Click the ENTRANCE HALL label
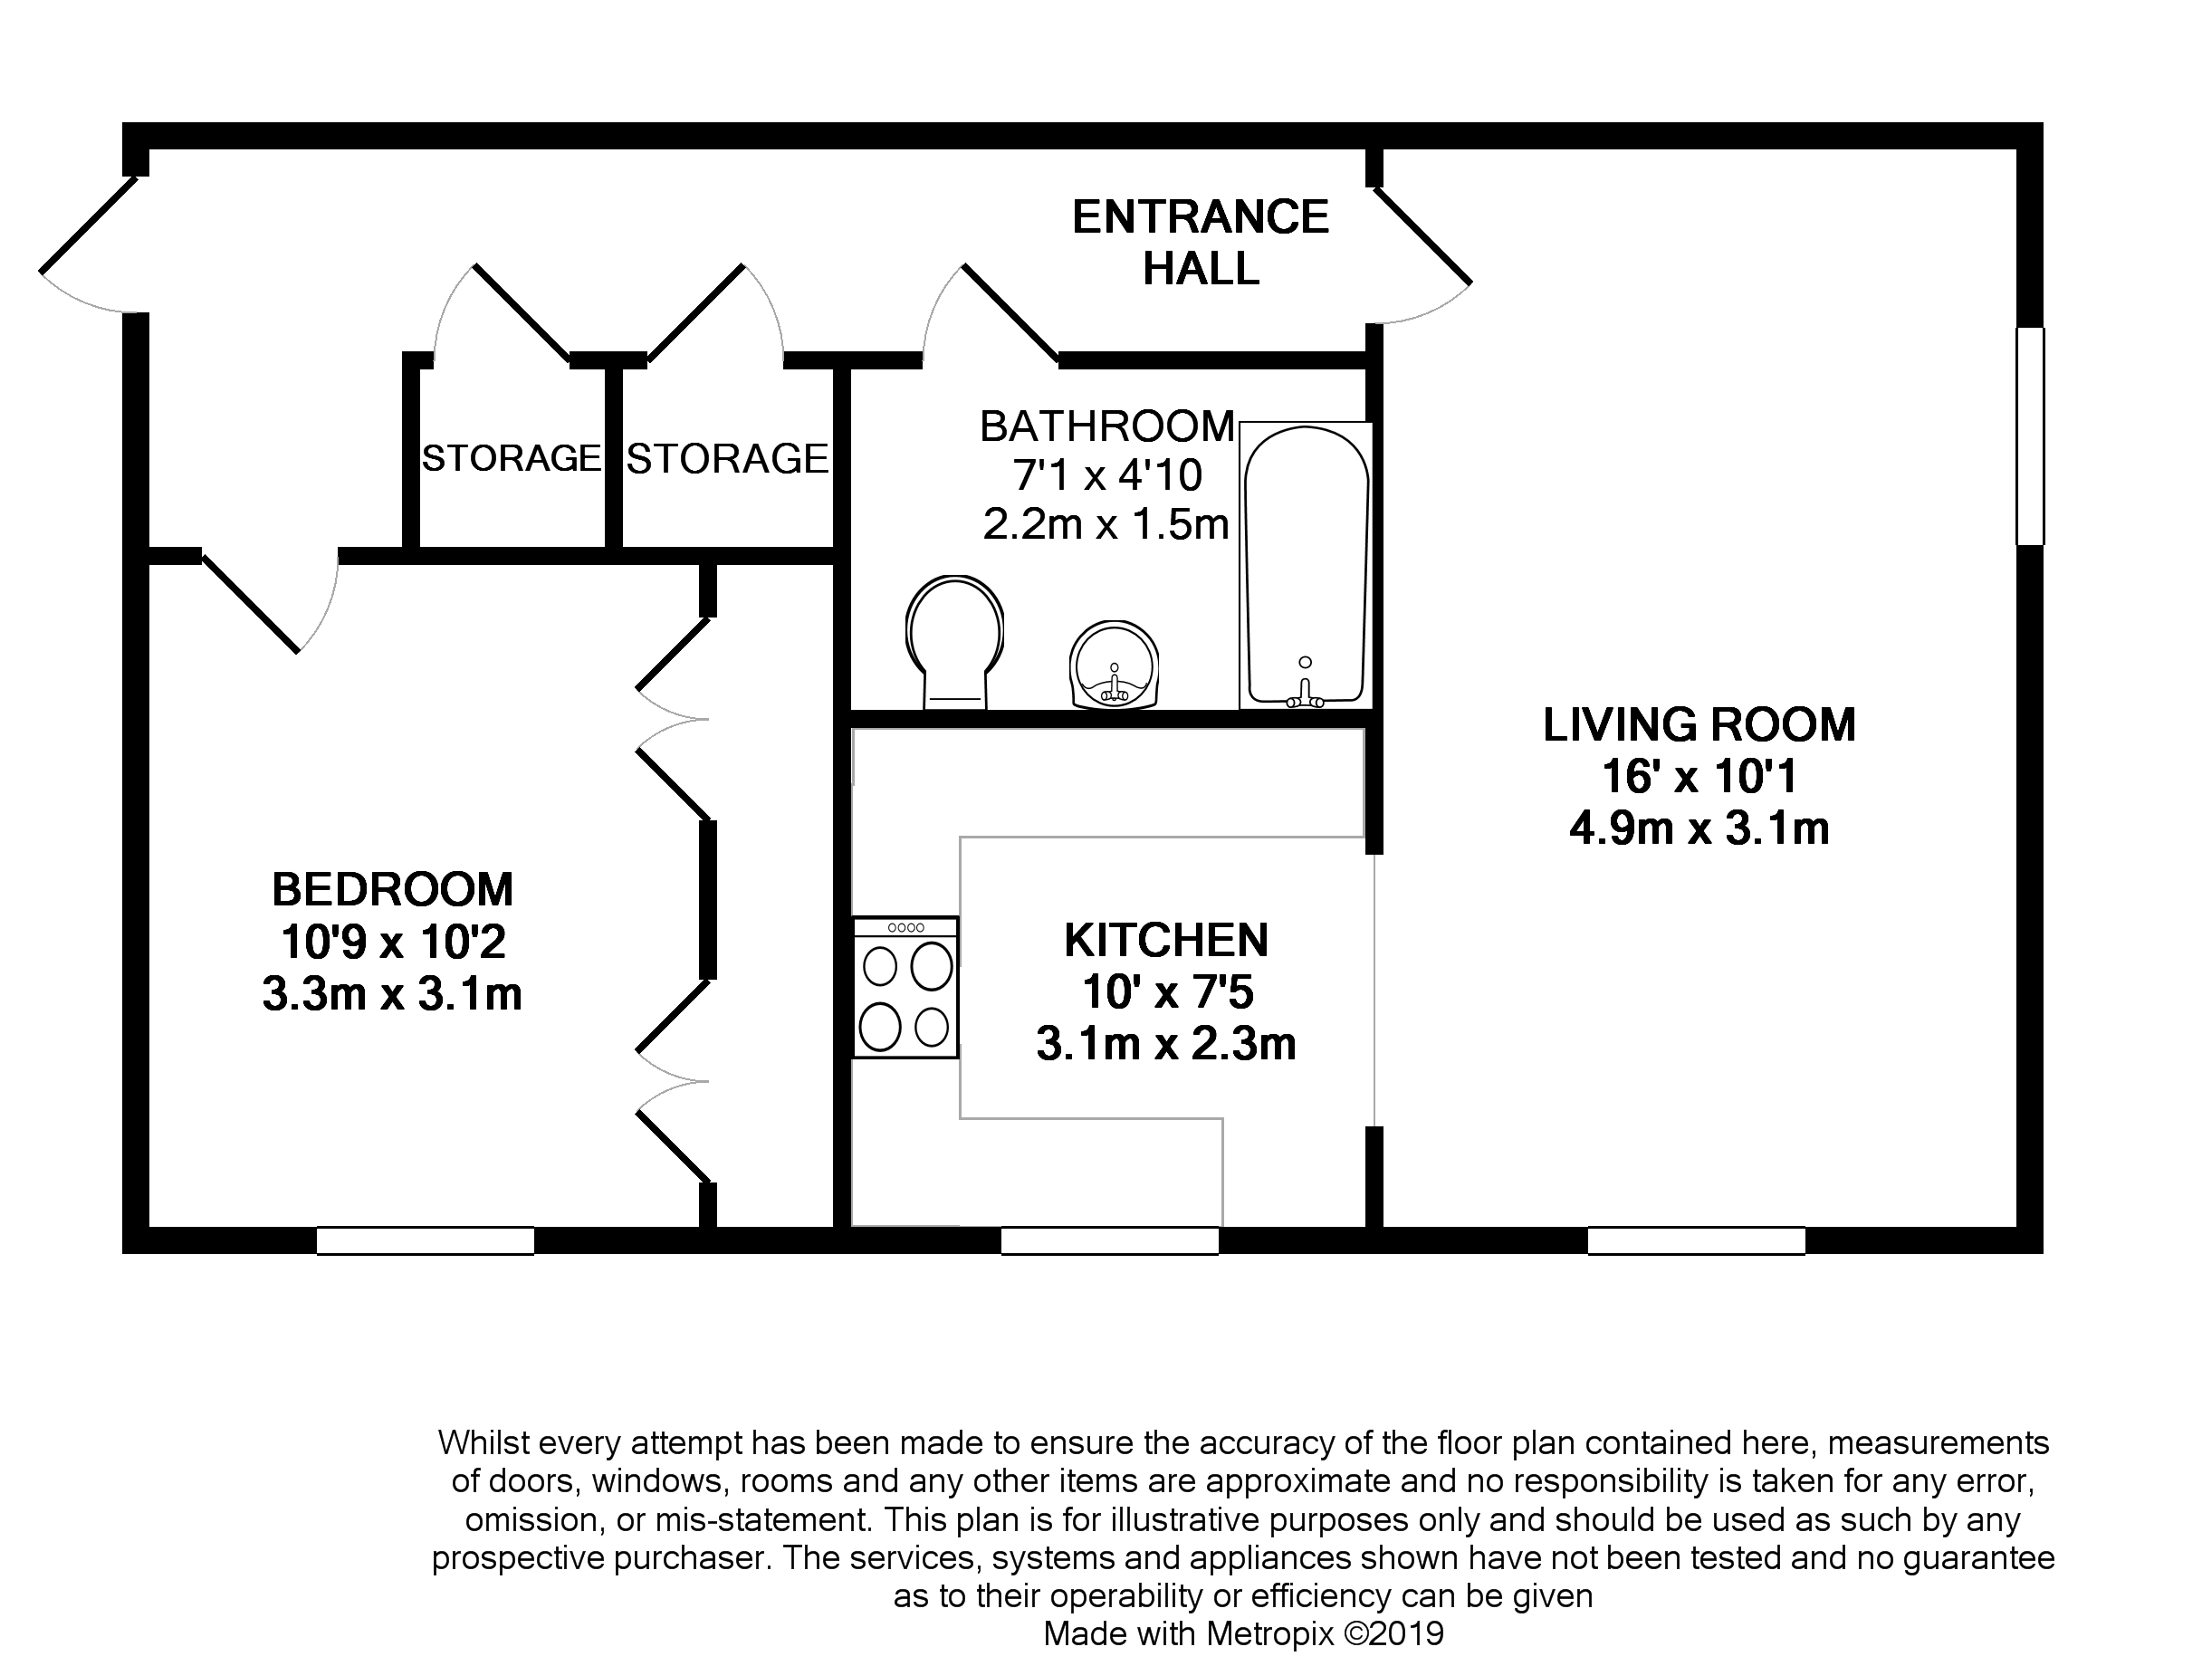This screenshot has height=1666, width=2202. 1200,242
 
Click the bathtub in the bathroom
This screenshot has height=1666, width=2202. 1305,564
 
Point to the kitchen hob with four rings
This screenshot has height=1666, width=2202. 905,987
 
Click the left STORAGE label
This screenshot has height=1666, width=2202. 512,458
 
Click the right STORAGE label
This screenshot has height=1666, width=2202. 728,459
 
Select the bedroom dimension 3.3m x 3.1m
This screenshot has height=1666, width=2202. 392,994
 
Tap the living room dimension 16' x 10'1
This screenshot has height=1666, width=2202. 1699,776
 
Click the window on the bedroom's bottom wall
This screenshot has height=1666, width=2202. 425,1241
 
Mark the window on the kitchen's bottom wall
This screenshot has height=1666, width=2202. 1109,1241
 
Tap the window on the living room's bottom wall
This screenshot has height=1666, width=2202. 1695,1241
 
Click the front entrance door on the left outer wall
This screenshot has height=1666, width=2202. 88,225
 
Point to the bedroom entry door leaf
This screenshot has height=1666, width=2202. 250,604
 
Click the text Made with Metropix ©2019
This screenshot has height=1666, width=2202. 1242,1634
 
